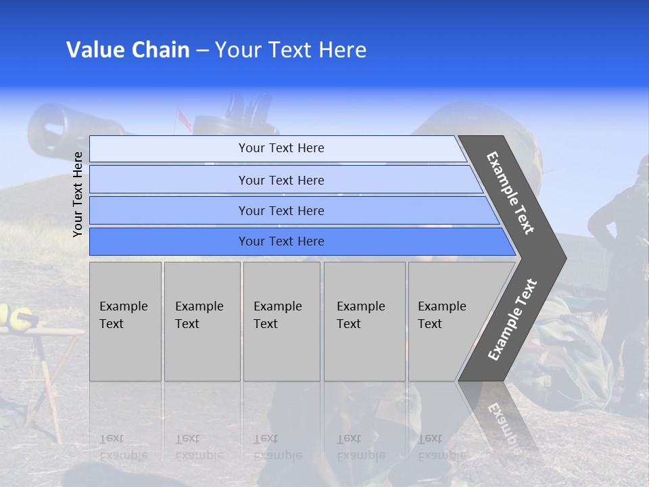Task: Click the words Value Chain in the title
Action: coord(128,50)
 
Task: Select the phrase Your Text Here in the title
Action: coord(291,50)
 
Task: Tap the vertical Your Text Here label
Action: coord(78,194)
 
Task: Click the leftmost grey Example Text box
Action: coord(125,321)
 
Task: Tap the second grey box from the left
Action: coord(202,321)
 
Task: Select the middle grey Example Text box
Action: coord(281,321)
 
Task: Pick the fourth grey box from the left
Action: coord(364,321)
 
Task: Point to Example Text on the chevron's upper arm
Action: coord(510,193)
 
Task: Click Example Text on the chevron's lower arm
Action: coord(512,320)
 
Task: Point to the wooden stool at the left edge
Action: coord(47,365)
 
